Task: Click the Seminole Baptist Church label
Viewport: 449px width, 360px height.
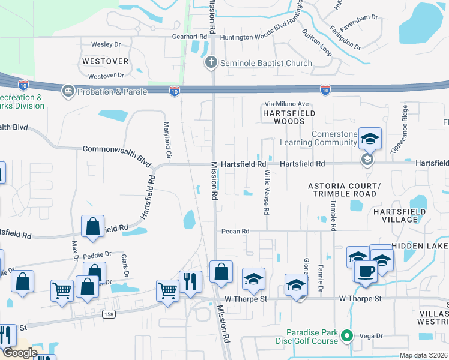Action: tap(265, 64)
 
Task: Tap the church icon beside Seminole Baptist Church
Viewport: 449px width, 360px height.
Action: tap(211, 63)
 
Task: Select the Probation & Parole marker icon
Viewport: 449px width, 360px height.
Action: tap(67, 91)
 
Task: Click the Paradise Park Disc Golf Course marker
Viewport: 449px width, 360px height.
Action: tap(346, 337)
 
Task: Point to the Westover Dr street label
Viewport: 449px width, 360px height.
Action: tap(106, 76)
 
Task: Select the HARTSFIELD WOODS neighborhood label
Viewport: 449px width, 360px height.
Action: tap(283, 116)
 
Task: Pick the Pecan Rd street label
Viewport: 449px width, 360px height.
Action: tap(235, 231)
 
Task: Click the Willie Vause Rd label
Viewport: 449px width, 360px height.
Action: tap(266, 193)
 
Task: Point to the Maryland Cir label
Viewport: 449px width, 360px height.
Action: tap(168, 140)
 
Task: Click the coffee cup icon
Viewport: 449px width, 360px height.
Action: tap(366, 270)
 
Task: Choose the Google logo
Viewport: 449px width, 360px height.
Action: tap(19, 353)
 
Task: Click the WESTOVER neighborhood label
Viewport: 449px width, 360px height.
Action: tap(105, 62)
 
